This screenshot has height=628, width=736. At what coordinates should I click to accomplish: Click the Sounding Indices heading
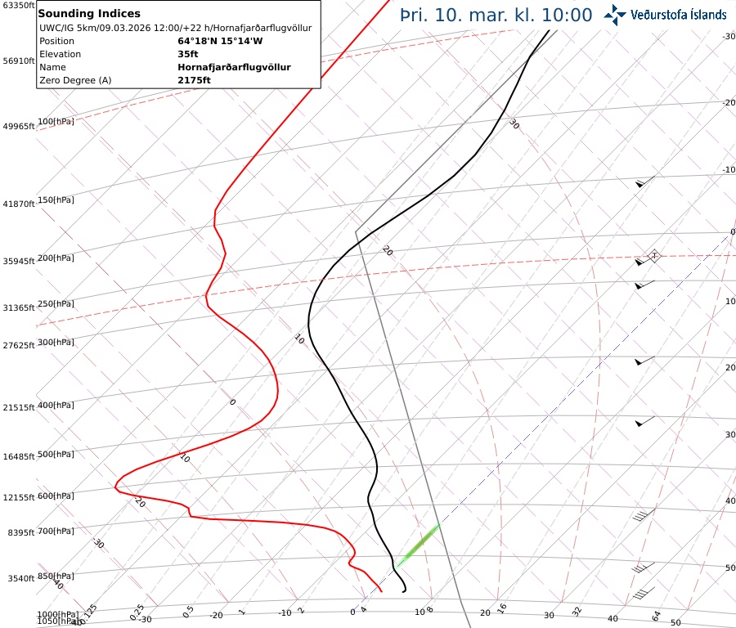tap(89, 13)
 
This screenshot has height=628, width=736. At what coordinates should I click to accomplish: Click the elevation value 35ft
tap(188, 54)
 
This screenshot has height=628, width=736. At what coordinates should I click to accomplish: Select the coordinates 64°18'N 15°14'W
tap(220, 41)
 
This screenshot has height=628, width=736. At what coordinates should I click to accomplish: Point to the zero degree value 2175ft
tap(194, 80)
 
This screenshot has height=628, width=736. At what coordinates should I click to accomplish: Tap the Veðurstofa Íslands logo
tap(665, 14)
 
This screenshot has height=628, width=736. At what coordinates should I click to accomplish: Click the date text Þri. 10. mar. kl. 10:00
tap(496, 15)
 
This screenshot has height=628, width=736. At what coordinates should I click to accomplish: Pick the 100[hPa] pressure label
tap(55, 122)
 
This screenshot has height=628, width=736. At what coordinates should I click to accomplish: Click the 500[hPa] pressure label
tap(55, 454)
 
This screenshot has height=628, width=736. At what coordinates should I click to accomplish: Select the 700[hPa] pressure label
tap(55, 532)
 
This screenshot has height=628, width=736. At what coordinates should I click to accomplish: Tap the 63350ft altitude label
tap(18, 6)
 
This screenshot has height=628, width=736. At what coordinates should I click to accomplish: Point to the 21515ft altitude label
tap(18, 407)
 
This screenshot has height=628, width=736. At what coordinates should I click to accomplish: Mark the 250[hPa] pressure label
tap(55, 303)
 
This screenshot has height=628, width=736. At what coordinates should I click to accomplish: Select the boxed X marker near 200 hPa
tap(653, 256)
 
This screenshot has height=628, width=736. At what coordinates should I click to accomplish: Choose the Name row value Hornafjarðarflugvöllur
tap(234, 67)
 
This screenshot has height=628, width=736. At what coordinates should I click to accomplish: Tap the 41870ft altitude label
tap(18, 204)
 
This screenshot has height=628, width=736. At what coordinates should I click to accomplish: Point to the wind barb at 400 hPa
tap(645, 422)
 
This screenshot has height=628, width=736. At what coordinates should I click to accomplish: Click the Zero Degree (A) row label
tap(75, 80)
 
